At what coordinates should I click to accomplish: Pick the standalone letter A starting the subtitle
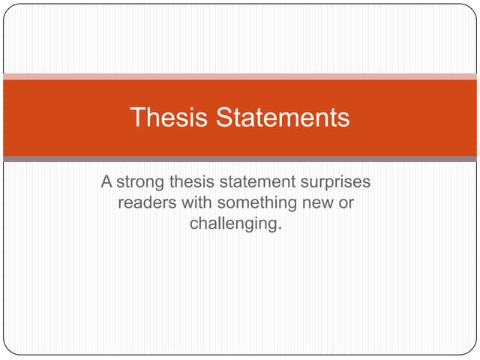pyautogui.click(x=106, y=182)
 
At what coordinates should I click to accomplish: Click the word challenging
pyautogui.click(x=234, y=224)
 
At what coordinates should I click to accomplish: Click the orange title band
pyautogui.click(x=420, y=118)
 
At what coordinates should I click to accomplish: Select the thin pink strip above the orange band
pyautogui.click(x=240, y=76)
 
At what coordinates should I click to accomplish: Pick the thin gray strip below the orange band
pyautogui.click(x=240, y=159)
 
